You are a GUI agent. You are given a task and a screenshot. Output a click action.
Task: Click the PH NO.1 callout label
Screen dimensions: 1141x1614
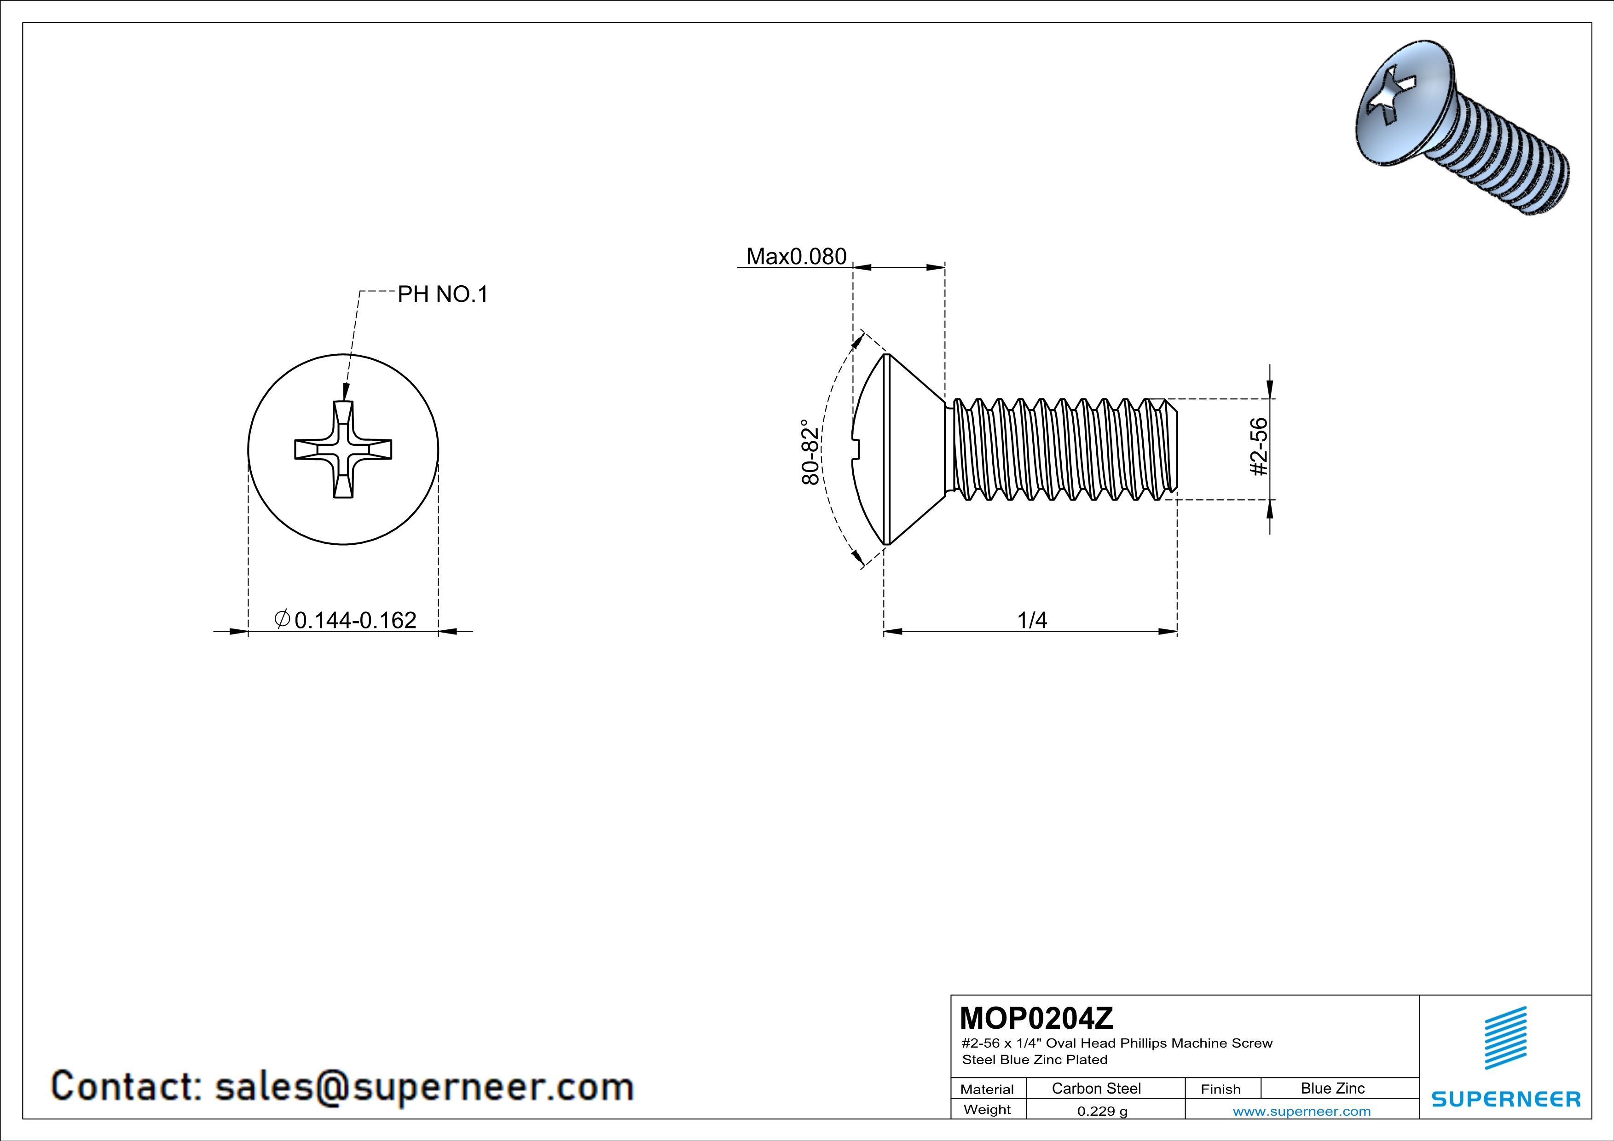442,294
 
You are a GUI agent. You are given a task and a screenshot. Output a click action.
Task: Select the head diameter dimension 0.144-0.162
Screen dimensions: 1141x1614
355,620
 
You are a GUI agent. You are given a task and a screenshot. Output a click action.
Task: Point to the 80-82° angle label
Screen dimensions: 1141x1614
810,452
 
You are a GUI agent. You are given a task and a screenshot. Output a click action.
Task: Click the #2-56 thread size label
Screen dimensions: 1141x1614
1259,447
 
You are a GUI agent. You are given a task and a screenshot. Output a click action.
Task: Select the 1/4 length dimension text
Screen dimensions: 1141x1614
1032,620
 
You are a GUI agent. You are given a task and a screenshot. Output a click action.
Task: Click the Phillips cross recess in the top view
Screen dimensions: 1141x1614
343,449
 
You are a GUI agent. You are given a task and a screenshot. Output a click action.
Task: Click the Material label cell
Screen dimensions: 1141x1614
987,1089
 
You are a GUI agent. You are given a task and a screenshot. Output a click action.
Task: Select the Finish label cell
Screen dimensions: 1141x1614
1221,1089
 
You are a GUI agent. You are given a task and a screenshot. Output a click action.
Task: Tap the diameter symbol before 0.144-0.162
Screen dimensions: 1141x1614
282,619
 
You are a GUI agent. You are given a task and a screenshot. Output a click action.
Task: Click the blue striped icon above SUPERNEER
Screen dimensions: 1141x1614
1505,1038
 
